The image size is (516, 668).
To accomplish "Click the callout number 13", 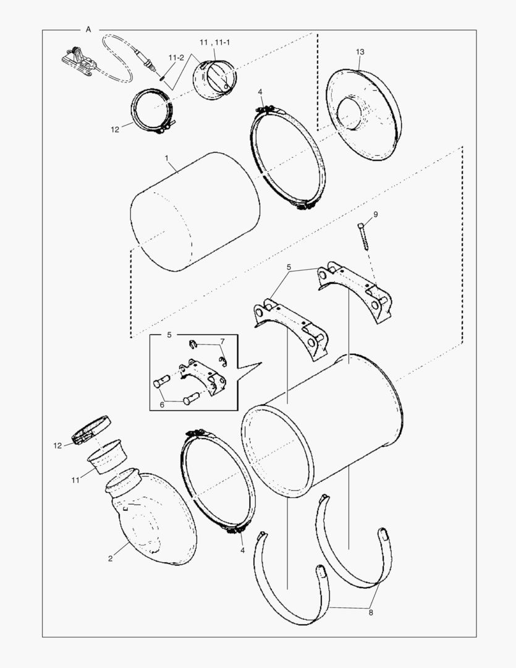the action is pyautogui.click(x=360, y=52).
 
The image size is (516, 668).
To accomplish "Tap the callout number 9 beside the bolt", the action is pyautogui.click(x=376, y=215).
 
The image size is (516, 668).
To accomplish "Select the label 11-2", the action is pyautogui.click(x=176, y=58).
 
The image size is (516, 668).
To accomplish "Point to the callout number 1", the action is pyautogui.click(x=167, y=158).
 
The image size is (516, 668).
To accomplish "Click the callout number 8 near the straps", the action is pyautogui.click(x=371, y=612).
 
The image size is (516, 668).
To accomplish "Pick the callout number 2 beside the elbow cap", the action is pyautogui.click(x=110, y=559).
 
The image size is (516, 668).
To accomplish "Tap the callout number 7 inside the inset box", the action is pyautogui.click(x=222, y=341).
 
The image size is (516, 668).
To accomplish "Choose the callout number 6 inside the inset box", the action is pyautogui.click(x=162, y=405).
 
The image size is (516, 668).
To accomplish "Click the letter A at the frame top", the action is pyautogui.click(x=88, y=30).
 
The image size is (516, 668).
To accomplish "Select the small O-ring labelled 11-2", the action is pyautogui.click(x=162, y=77).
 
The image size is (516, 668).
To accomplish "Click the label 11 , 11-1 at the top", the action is pyautogui.click(x=215, y=43).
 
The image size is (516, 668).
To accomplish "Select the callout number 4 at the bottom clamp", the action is pyautogui.click(x=243, y=550).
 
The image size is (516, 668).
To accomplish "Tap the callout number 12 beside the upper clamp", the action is pyautogui.click(x=115, y=130).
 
